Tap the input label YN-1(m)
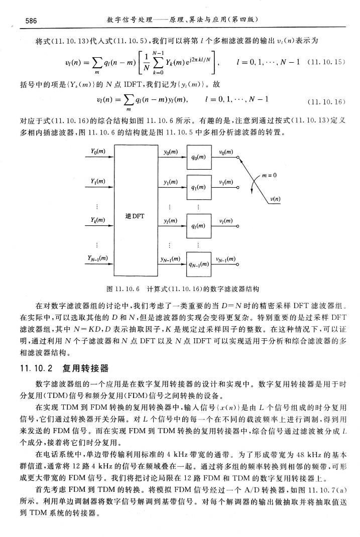(99, 258)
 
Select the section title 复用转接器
(86, 370)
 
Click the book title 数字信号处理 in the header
(129, 20)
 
